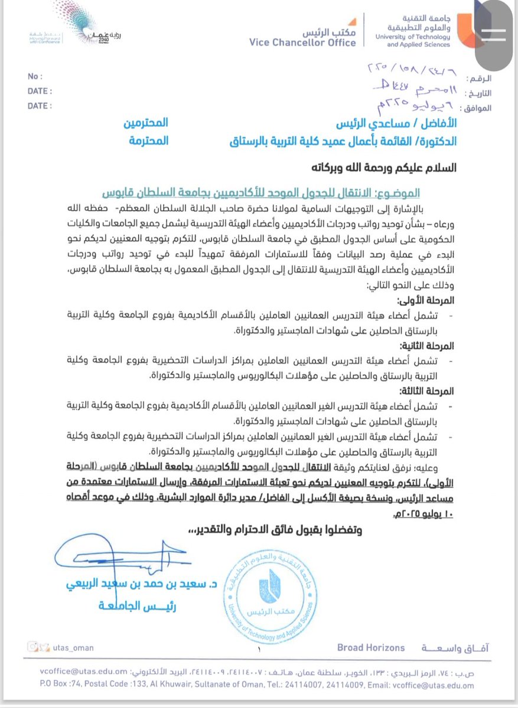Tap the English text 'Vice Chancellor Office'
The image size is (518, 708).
point(302,42)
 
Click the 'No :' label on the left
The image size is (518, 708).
point(35,77)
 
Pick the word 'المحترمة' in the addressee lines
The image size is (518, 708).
point(149,141)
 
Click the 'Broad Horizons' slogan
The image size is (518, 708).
point(371,648)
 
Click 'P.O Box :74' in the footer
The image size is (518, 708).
point(47,686)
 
